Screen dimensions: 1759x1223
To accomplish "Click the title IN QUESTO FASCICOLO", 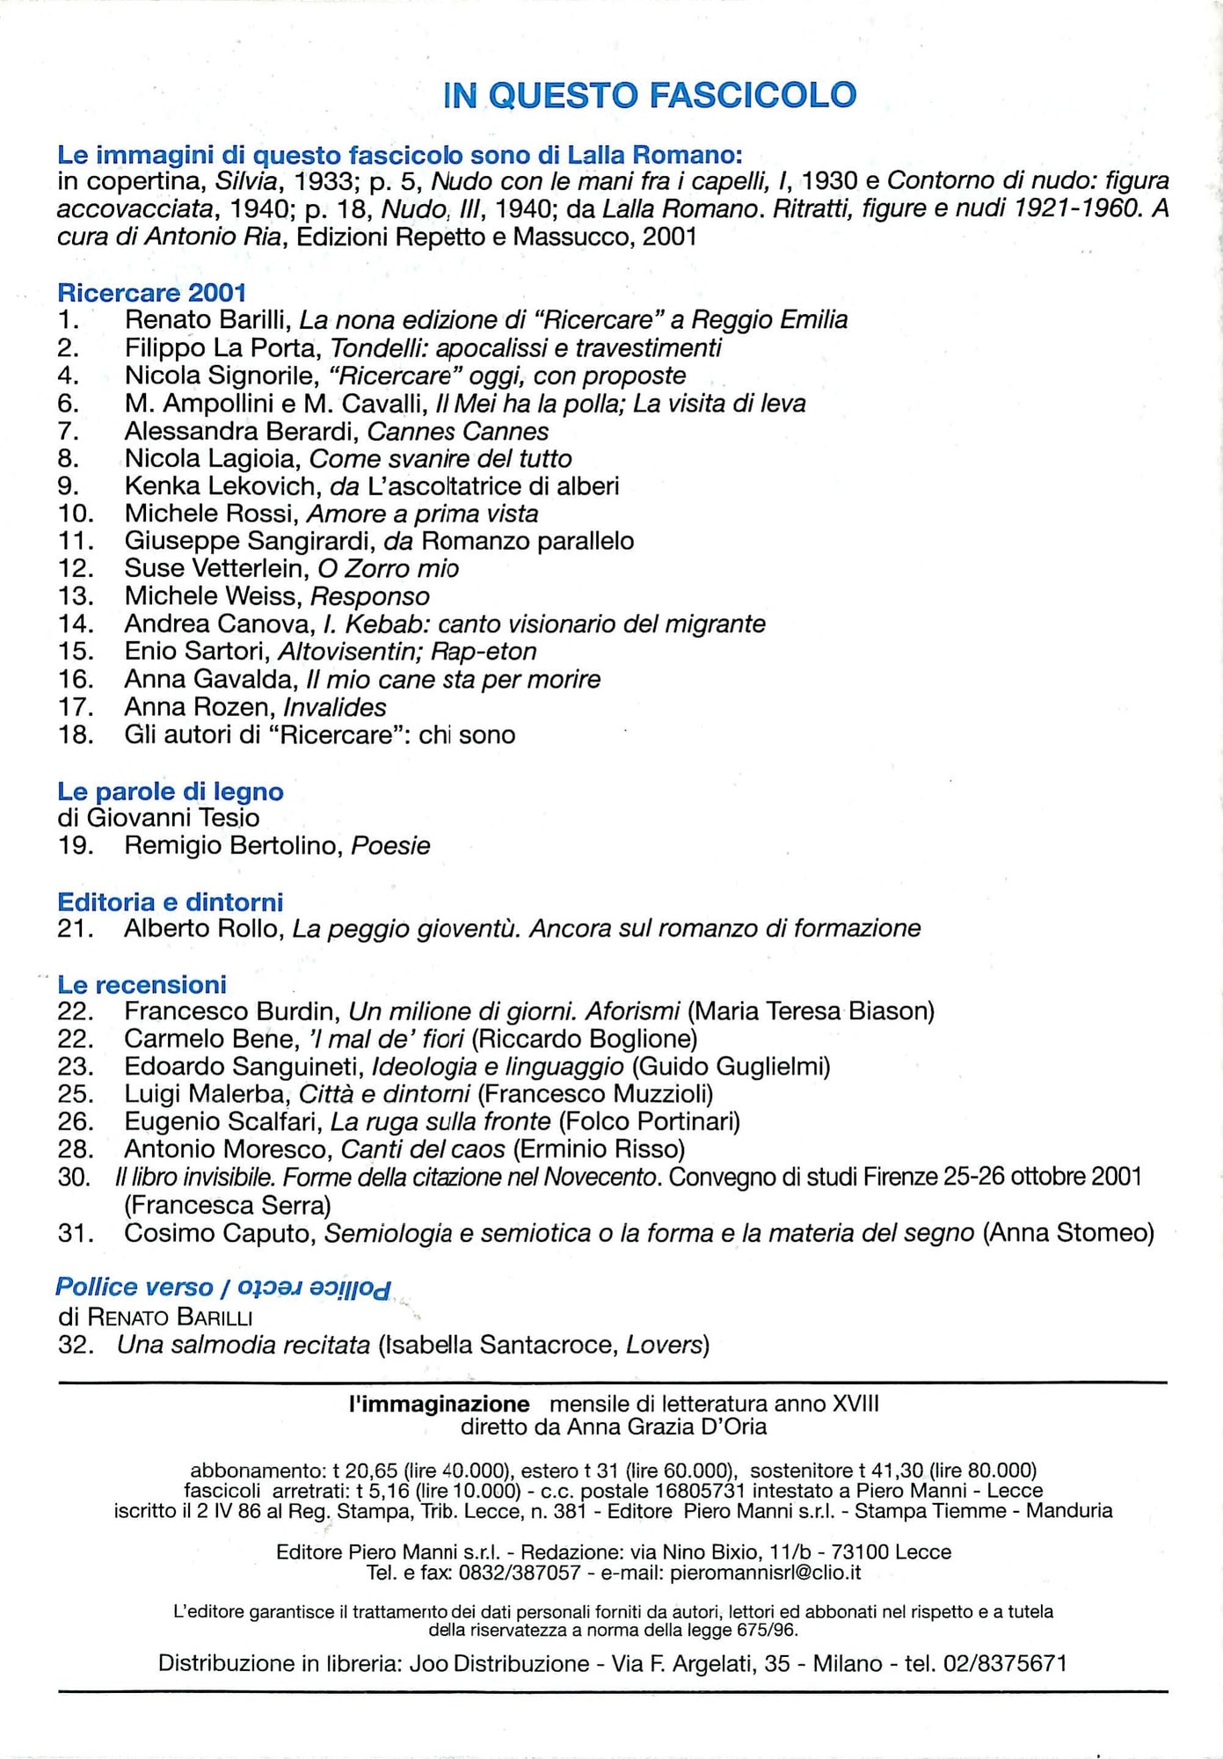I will click(650, 95).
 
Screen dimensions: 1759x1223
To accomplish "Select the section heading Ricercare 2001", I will click(151, 292).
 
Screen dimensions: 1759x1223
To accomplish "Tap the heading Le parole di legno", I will click(171, 791).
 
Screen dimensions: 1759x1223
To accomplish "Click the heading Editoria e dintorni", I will click(171, 901).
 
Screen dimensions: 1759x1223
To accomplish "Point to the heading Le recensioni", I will click(142, 984).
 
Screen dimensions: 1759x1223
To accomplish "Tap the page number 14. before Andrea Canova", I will click(76, 624).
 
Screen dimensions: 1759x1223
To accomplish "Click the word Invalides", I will click(335, 707).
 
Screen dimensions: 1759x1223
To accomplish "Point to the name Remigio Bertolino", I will click(233, 845).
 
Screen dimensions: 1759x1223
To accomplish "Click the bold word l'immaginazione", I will click(439, 1404).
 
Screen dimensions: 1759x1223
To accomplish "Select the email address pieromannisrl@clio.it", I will click(765, 1573).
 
